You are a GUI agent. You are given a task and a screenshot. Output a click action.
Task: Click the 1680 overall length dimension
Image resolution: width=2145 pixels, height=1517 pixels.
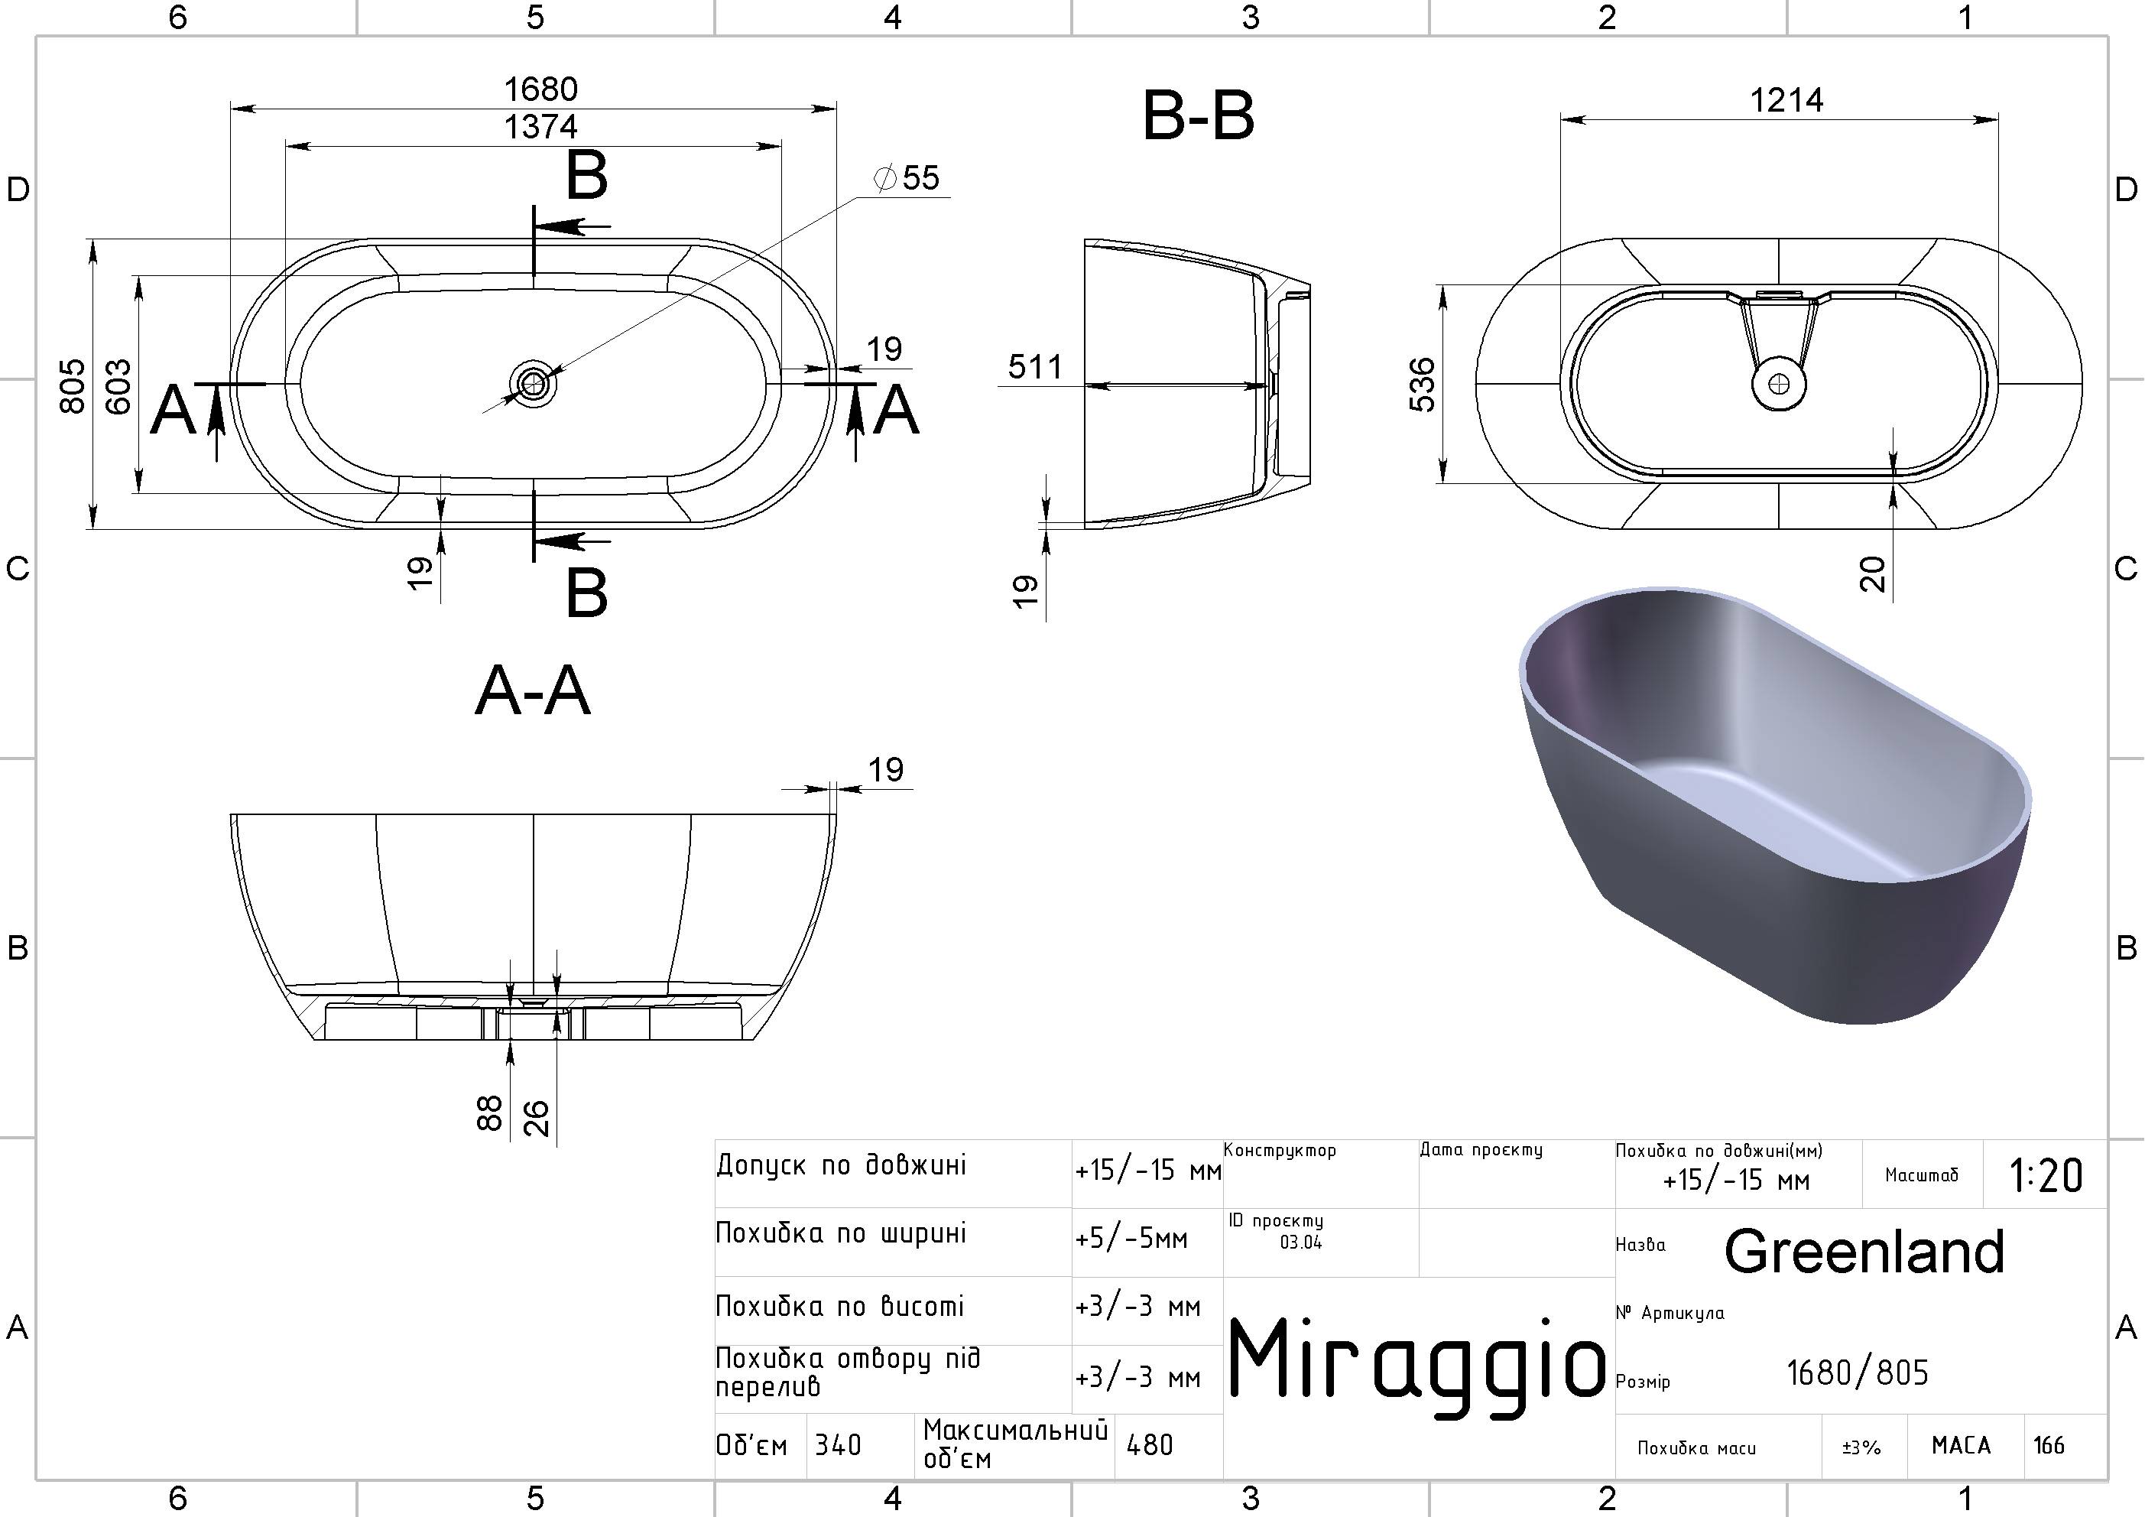point(541,89)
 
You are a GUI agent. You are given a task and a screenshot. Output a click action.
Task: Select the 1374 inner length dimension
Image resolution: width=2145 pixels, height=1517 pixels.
point(541,127)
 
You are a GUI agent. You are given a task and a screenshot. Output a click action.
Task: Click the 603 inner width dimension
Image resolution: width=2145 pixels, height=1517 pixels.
point(118,385)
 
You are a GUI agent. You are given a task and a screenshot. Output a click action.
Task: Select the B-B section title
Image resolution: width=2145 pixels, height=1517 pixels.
point(1199,118)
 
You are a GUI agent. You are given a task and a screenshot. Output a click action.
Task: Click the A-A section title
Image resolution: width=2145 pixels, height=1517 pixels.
point(533,692)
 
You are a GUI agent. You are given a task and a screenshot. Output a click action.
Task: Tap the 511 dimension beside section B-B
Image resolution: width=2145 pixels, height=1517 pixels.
point(1035,367)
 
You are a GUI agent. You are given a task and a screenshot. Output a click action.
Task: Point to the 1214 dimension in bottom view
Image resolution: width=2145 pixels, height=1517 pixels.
point(1786,100)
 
